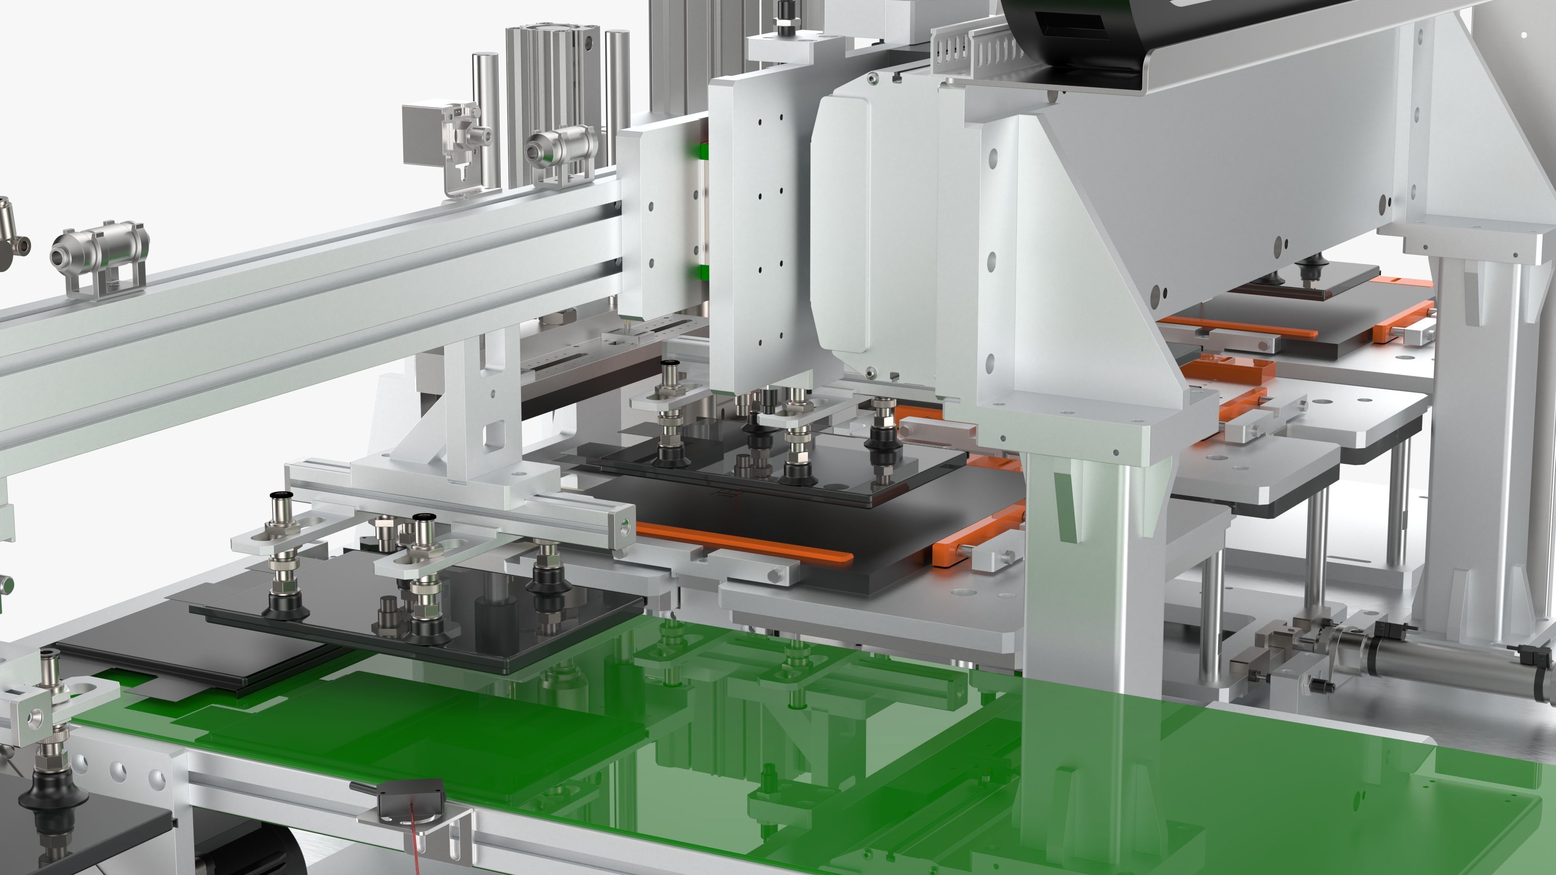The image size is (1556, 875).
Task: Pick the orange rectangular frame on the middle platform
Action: [1226, 368]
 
